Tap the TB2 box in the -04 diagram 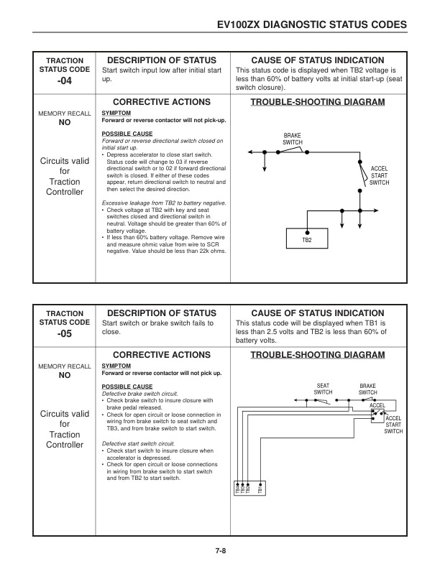point(306,239)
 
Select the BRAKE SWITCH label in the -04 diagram point(293,139)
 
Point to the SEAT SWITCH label point(324,389)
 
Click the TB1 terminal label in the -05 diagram point(261,490)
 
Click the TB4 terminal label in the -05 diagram point(238,490)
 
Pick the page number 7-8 point(220,551)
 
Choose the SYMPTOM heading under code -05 point(115,366)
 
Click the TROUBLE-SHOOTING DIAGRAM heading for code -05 point(317,355)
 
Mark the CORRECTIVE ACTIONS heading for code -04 point(162,103)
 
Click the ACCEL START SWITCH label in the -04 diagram point(379,176)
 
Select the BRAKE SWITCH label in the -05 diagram point(368,389)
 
